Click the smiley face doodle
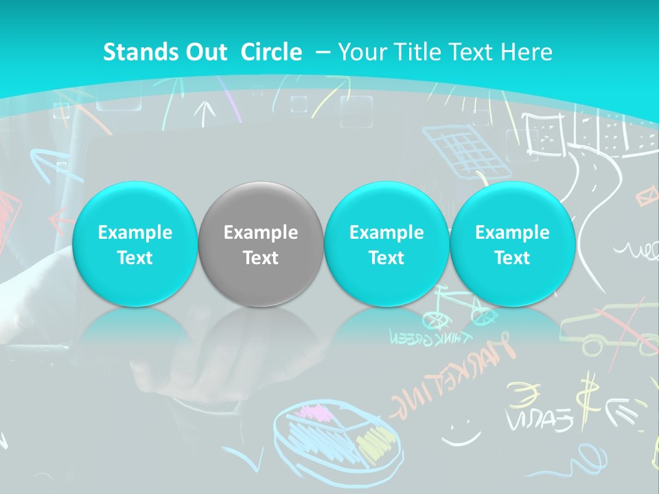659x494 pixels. (x=461, y=431)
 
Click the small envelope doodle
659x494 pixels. (x=645, y=198)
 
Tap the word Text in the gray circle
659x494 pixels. (x=260, y=258)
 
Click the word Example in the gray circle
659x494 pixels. (x=260, y=233)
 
